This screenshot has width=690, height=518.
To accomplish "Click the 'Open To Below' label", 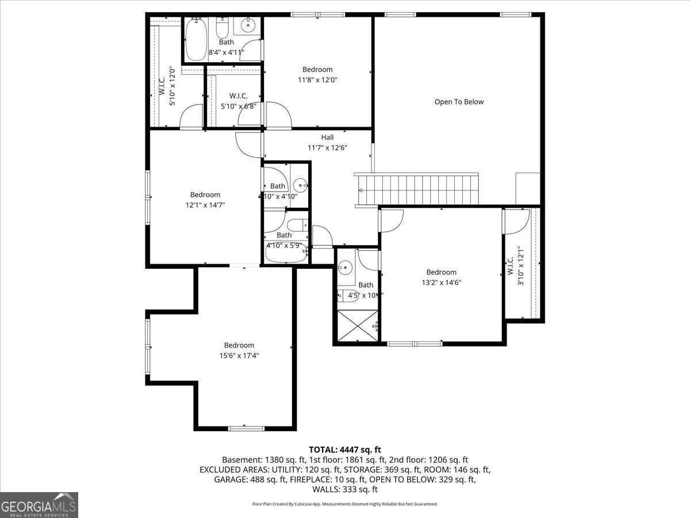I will click(459, 102).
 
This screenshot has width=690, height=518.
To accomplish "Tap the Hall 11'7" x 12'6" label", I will click(327, 143).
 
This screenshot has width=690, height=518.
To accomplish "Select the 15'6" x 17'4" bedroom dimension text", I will click(239, 356).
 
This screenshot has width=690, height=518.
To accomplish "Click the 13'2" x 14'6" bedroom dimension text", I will click(442, 282).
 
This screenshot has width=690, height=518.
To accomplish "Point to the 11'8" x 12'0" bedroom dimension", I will click(317, 80).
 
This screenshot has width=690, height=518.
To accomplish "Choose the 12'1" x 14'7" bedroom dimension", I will click(205, 205).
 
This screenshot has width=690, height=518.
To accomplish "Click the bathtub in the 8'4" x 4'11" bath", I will click(196, 39).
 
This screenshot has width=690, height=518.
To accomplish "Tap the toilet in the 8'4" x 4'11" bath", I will click(223, 28).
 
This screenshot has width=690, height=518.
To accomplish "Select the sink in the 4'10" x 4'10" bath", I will click(300, 185).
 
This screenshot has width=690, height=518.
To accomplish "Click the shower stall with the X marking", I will click(357, 326).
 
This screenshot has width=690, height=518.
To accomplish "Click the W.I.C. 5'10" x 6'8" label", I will click(238, 101).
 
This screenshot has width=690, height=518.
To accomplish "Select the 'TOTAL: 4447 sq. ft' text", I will click(345, 450).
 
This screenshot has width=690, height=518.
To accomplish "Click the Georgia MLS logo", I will click(39, 505).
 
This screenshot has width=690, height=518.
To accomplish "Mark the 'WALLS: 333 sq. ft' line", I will click(345, 489).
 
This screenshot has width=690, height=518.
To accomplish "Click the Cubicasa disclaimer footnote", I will click(345, 504).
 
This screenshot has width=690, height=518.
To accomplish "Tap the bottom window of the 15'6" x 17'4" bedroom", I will click(246, 428).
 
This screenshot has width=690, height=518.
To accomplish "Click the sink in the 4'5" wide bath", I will click(346, 266).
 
